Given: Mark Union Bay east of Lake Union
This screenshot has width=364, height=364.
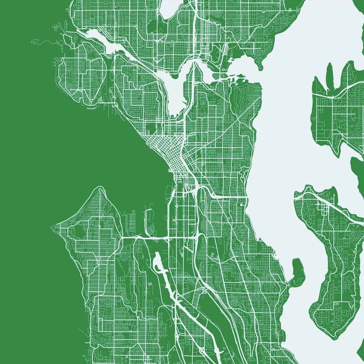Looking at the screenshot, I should coord(243,64).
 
